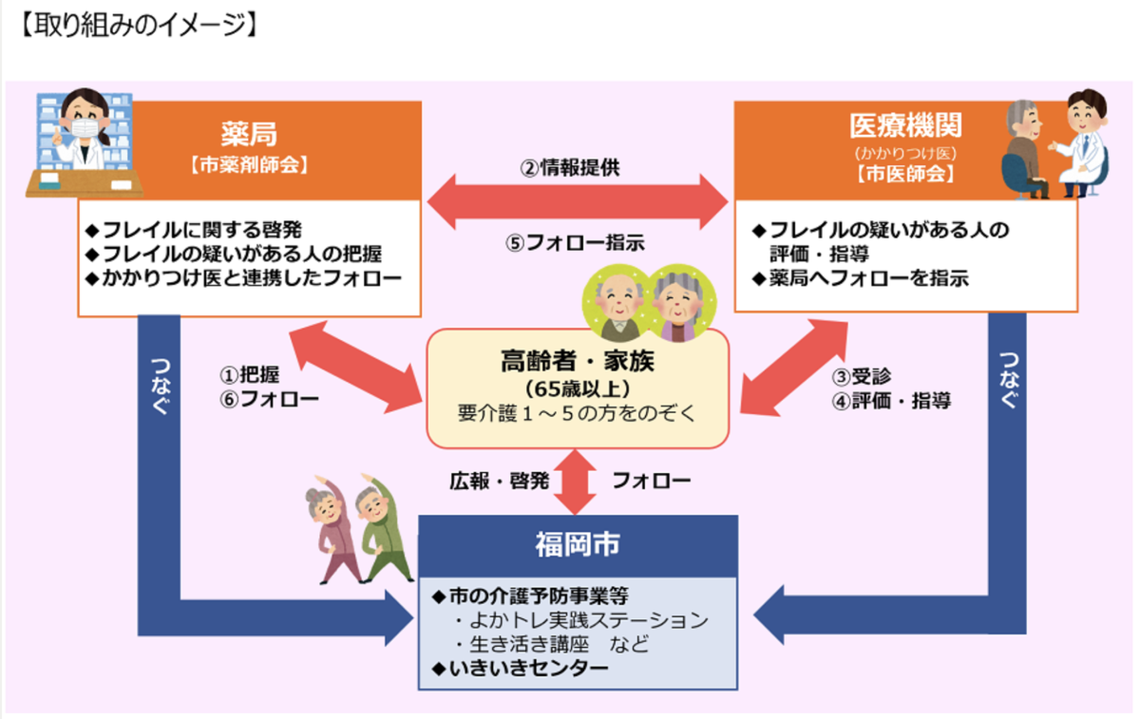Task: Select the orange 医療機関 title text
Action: coord(905,126)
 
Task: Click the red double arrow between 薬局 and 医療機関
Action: coord(578,202)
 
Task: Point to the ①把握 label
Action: coord(249,376)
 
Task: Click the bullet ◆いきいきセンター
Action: coord(520,668)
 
